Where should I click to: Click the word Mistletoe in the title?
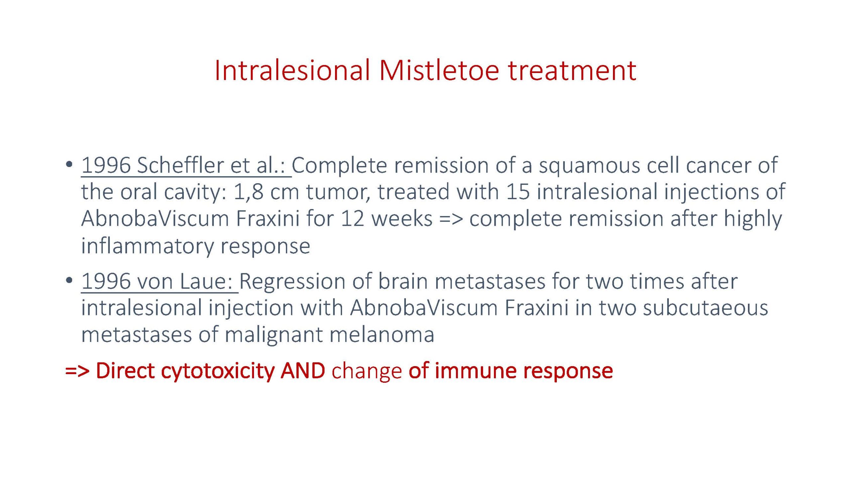(439, 70)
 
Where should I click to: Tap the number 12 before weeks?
(353, 219)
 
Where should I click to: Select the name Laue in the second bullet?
(206, 281)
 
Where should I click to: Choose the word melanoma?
(382, 334)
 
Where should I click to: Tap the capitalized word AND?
(303, 371)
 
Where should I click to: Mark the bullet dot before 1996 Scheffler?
(69, 164)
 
